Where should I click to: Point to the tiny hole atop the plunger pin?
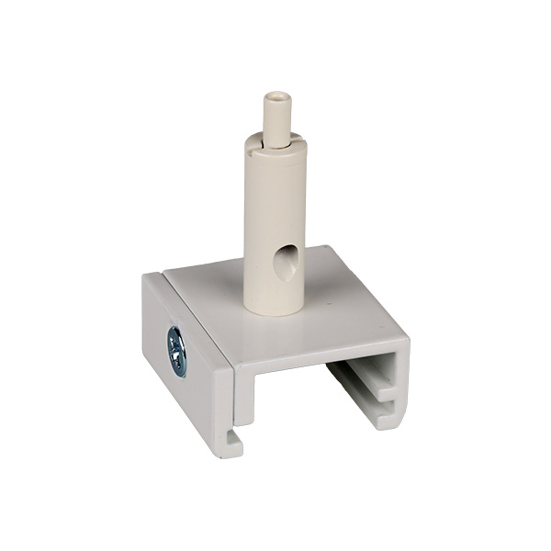274,95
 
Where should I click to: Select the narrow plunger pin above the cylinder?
274,115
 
